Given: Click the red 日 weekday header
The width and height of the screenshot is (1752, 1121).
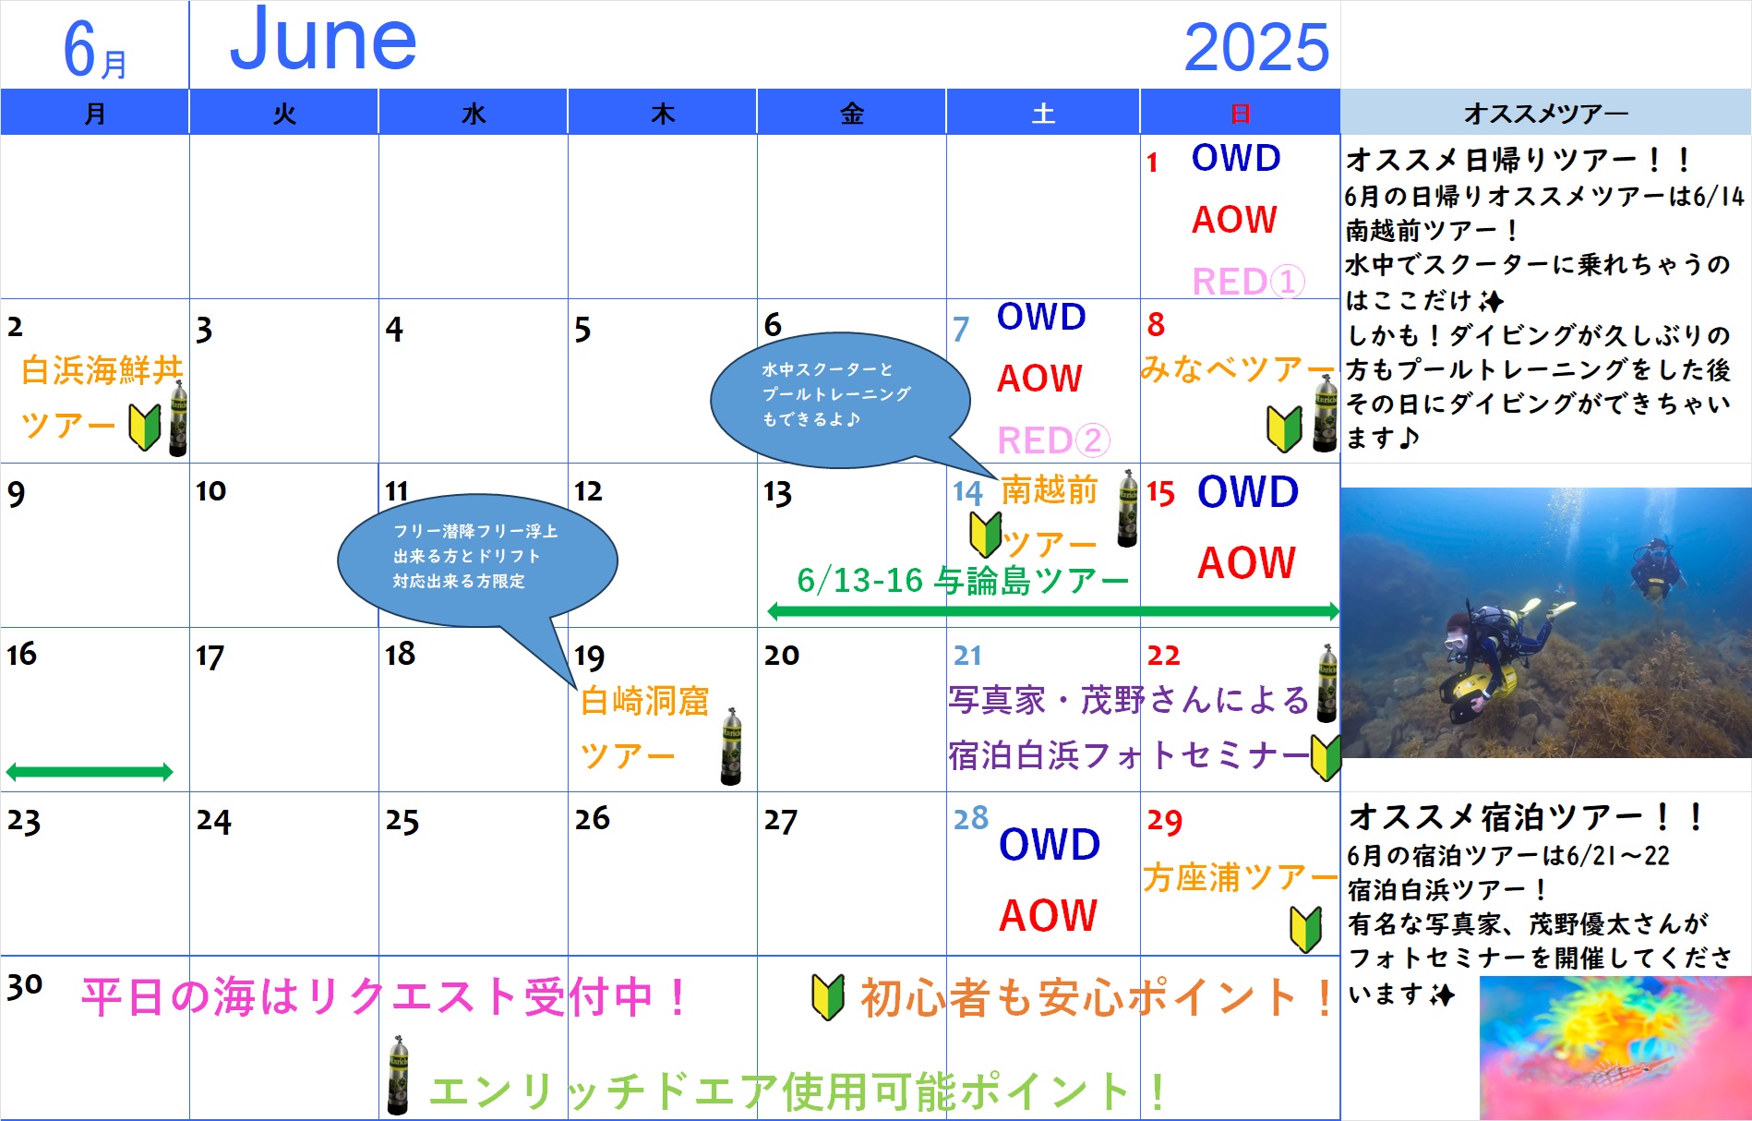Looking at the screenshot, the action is (x=1240, y=114).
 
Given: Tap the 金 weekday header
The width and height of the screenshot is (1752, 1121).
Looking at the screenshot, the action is (x=851, y=114).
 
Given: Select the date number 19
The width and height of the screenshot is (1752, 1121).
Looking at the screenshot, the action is (x=589, y=657).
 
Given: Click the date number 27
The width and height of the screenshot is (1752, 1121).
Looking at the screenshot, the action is (x=780, y=820).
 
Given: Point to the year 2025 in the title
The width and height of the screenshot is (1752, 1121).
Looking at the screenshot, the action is (x=1256, y=47).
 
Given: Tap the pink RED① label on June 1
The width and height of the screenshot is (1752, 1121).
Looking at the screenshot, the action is (x=1248, y=281).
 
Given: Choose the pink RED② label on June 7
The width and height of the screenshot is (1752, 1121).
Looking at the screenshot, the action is (x=1053, y=440).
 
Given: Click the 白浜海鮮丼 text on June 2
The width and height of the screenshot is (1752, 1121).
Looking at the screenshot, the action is (x=102, y=370).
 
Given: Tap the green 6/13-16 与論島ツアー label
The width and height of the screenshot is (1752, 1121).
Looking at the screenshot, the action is (x=963, y=581).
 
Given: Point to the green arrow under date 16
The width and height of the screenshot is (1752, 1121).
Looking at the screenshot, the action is (x=90, y=772).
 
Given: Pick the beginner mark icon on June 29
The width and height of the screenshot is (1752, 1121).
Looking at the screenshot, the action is (x=1305, y=929).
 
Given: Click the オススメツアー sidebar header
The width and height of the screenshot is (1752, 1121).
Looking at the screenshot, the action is (x=1546, y=114).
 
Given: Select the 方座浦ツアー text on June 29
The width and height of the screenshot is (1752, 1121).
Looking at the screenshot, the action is (x=1240, y=877).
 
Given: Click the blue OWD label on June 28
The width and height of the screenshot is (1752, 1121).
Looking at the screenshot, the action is (x=1050, y=844).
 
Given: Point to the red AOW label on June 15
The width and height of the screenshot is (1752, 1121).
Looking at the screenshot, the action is (x=1247, y=562).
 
